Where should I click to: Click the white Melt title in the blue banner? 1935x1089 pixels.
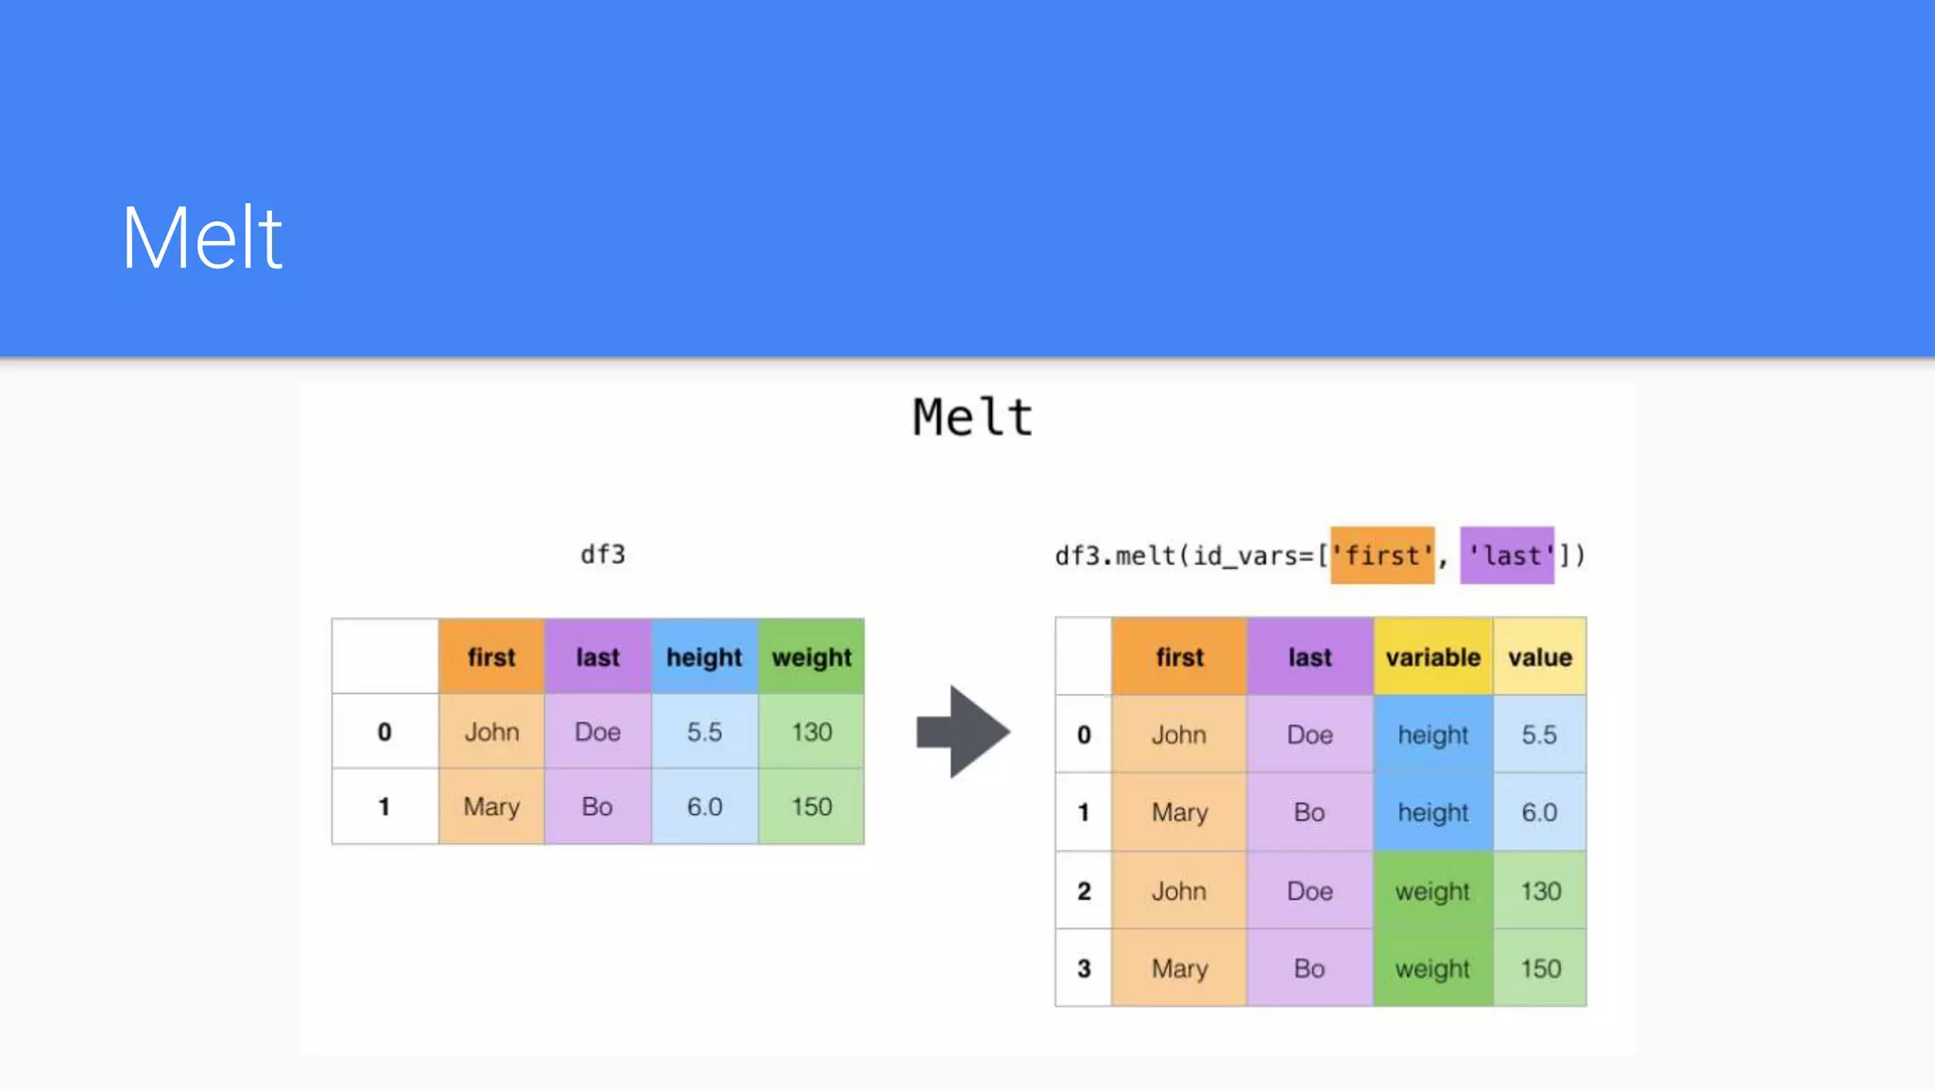coord(201,238)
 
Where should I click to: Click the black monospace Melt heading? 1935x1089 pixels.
coord(972,417)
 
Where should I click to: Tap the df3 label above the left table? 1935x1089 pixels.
coord(603,554)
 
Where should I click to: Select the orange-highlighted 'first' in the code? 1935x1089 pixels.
coord(1382,555)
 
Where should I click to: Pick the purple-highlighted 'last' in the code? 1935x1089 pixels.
coord(1507,555)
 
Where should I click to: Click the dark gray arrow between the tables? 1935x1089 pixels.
coord(963,732)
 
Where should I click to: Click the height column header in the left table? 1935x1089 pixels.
coord(704,657)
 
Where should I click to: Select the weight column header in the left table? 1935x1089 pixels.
coord(812,657)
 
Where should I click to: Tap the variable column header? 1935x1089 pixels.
coord(1432,657)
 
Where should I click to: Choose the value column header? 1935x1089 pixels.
coord(1539,657)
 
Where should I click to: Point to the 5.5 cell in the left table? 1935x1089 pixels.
coord(704,732)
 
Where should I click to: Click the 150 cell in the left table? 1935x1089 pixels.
coord(812,806)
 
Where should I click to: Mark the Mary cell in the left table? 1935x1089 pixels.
coord(491,806)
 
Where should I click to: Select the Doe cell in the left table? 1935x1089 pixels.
coord(597,732)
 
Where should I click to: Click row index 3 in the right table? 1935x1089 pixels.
coord(1084,968)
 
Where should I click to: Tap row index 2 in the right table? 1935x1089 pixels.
coord(1084,890)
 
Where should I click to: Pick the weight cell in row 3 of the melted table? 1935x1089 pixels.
coord(1432,968)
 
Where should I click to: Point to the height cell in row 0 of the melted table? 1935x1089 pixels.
coord(1432,735)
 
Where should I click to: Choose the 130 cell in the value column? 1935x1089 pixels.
coord(1540,890)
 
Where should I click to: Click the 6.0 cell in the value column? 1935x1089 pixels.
coord(1539,812)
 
